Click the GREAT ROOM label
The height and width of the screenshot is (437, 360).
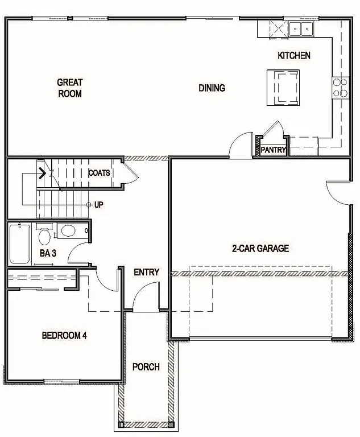(69, 88)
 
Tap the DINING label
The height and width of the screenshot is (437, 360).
(212, 88)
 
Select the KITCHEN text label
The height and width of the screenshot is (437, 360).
(293, 55)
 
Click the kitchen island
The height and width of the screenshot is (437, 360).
(283, 88)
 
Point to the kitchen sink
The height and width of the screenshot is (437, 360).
(301, 28)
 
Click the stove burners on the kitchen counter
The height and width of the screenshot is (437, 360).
(340, 88)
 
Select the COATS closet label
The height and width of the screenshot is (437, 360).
(99, 172)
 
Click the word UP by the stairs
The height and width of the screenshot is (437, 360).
(99, 205)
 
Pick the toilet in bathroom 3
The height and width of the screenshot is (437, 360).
(44, 237)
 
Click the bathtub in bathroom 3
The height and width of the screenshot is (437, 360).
(20, 245)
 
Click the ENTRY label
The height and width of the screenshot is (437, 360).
(146, 272)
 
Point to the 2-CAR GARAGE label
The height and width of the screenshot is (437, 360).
(260, 248)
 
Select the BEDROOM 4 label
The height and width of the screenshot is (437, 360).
(64, 335)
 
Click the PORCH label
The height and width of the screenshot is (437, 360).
(146, 366)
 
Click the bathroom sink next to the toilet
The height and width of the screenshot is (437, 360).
(68, 231)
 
